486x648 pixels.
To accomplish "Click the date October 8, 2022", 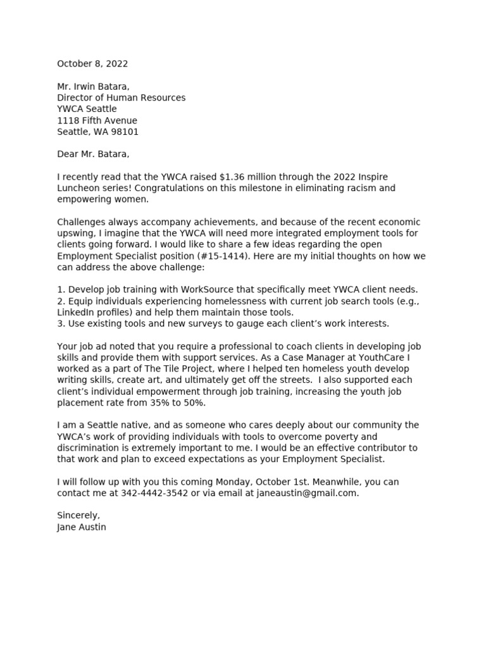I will click(x=92, y=64).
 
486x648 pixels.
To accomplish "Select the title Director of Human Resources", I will click(x=121, y=98).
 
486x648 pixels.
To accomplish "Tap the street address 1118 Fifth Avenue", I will click(x=97, y=121).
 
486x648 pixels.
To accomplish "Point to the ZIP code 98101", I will click(x=125, y=132).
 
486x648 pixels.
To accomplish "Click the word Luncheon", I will click(x=78, y=188).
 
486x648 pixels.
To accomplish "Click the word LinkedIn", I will click(x=75, y=312).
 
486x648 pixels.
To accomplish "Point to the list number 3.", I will click(x=60, y=323).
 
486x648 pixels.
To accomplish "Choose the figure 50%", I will click(x=194, y=403).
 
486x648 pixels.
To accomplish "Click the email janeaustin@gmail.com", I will click(x=307, y=494).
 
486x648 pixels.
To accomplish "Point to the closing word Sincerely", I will click(x=78, y=516).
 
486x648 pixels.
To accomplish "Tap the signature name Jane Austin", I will click(x=82, y=527).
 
